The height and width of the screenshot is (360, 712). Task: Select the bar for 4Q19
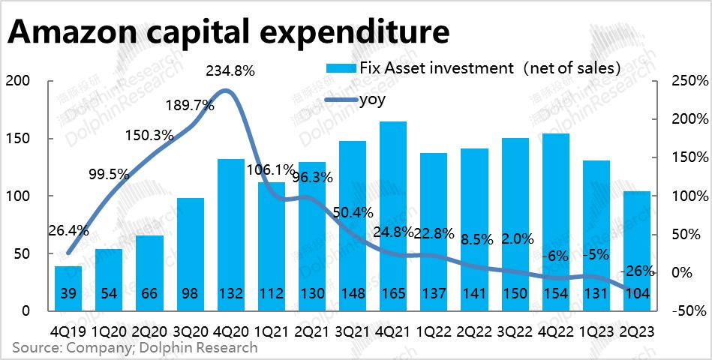point(69,288)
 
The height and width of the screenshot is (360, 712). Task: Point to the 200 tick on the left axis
point(17,81)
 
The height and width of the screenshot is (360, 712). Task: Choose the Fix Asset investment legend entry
point(473,68)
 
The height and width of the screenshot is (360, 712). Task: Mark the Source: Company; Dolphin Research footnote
point(134,347)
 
